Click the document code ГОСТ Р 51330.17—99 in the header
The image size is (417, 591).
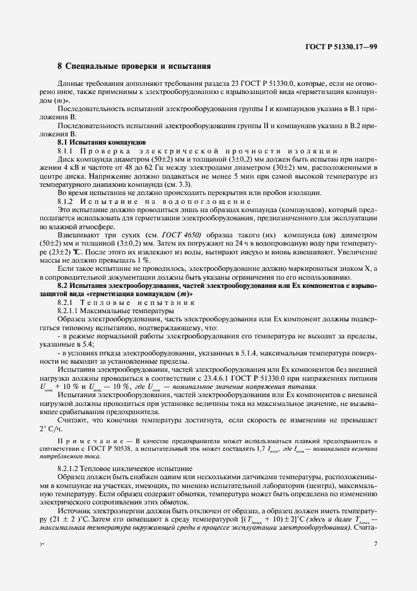pos(340,47)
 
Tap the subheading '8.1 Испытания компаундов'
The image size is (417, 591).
pos(102,143)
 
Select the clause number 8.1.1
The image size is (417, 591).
pos(67,152)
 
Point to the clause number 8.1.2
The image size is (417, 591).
pos(67,200)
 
